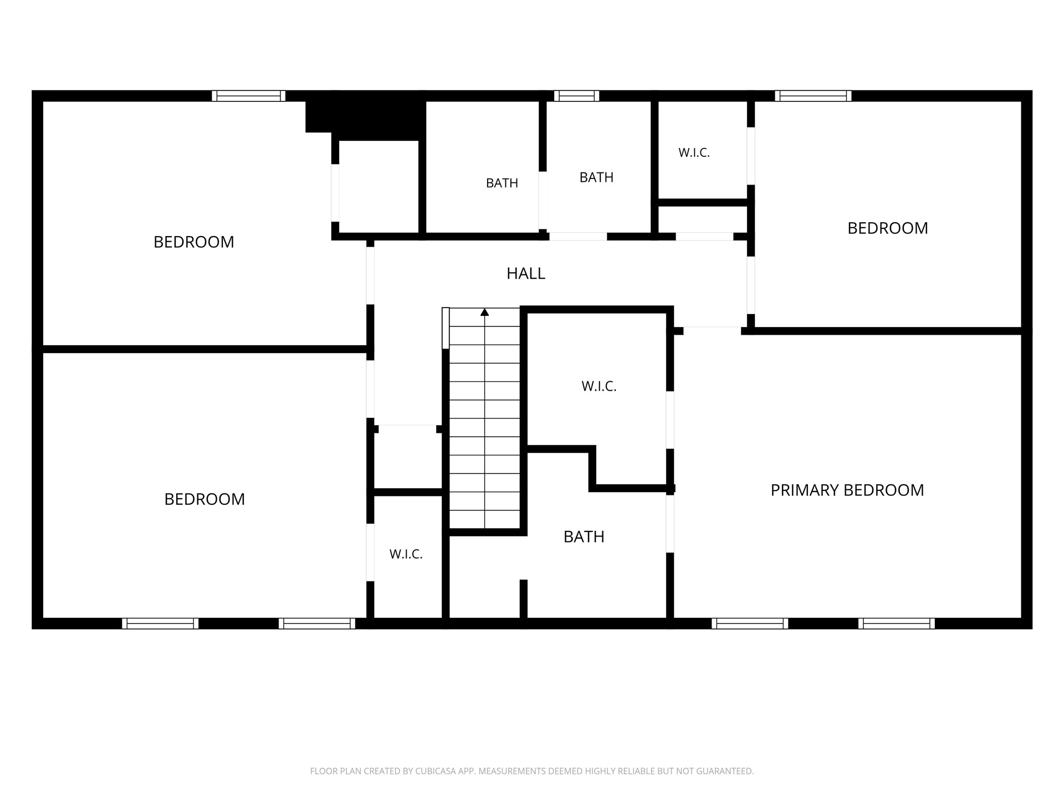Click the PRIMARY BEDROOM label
(847, 490)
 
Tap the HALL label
(526, 273)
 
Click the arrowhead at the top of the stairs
(485, 312)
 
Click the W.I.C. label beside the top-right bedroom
(694, 152)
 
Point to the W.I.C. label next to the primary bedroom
(599, 386)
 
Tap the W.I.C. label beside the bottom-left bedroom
(406, 554)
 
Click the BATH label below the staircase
(584, 536)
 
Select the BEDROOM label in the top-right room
(888, 228)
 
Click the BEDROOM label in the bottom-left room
(204, 499)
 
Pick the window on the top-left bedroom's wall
(249, 96)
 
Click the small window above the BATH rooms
(577, 96)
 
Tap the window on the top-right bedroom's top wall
(814, 96)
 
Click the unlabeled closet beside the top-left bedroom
(378, 187)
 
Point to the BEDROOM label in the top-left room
(194, 242)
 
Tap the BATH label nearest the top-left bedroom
(502, 183)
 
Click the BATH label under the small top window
(596, 177)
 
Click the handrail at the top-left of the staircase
(446, 328)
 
